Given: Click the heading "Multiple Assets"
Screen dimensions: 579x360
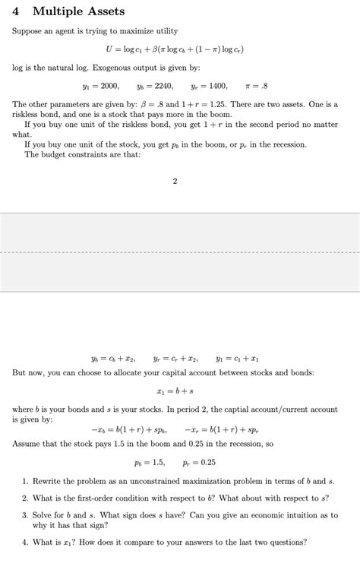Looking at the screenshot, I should click(78, 11).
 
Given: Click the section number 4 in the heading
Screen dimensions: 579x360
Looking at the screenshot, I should click(16, 11).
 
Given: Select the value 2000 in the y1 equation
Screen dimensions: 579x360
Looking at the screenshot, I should click(109, 87).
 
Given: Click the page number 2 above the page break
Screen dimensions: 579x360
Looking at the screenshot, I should click(175, 181).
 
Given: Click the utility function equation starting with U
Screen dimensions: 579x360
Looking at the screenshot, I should click(180, 49).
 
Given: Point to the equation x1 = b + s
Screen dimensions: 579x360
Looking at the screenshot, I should click(180, 391).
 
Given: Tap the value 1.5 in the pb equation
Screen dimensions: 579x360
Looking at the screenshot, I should click(158, 462).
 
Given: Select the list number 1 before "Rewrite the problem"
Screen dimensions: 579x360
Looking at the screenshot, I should click(24, 481).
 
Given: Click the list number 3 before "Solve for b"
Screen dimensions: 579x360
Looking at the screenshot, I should click(24, 514).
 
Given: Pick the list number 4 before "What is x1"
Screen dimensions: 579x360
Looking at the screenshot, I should click(24, 542).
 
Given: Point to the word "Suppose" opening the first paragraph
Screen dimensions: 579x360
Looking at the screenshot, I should click(26, 31).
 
